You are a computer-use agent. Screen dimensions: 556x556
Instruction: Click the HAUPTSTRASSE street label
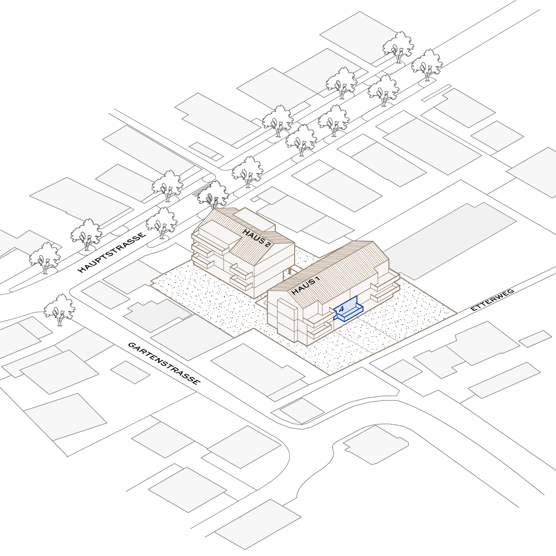[112, 252]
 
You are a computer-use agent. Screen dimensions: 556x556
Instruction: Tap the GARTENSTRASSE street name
[164, 363]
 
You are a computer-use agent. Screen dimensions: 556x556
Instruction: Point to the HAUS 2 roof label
[257, 238]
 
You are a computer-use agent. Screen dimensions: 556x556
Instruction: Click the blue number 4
[341, 309]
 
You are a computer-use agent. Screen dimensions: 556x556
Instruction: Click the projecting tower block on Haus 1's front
[287, 320]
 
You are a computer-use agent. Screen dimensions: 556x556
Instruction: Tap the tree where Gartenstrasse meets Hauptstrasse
[59, 309]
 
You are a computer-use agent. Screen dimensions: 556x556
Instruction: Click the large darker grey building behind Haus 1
[450, 240]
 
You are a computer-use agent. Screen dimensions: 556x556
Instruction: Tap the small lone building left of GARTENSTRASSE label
[130, 372]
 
